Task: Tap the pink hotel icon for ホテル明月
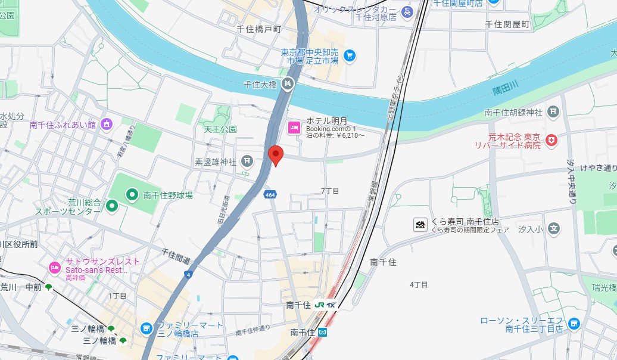point(294,127)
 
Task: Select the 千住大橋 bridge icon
point(286,85)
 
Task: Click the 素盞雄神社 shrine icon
point(247,161)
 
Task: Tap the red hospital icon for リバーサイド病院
point(553,140)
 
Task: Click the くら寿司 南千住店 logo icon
point(420,225)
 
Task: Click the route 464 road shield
point(270,194)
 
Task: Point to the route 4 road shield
point(189,274)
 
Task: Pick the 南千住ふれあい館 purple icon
point(107,125)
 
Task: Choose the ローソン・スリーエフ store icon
point(574,324)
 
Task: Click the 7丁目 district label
point(329,191)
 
